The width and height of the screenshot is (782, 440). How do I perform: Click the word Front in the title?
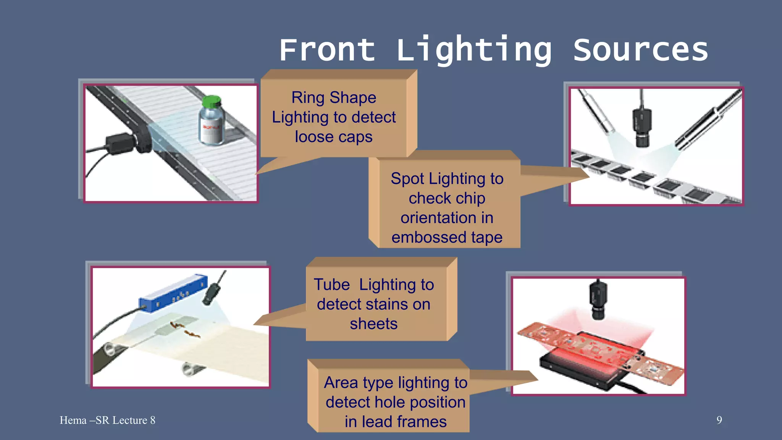pyautogui.click(x=327, y=50)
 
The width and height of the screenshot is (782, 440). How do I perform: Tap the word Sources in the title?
pyautogui.click(x=641, y=50)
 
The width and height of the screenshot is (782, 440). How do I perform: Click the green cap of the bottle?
pyautogui.click(x=211, y=102)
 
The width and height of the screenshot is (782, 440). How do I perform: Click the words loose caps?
pyautogui.click(x=333, y=137)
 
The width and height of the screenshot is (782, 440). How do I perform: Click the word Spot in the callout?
pyautogui.click(x=407, y=179)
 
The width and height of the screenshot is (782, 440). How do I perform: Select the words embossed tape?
pyautogui.click(x=447, y=237)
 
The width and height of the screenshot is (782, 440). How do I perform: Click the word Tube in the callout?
pyautogui.click(x=331, y=285)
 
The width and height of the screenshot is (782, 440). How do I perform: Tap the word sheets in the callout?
pyautogui.click(x=373, y=324)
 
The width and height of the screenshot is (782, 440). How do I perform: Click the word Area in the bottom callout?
pyautogui.click(x=341, y=383)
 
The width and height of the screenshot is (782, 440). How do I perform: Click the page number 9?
pyautogui.click(x=719, y=420)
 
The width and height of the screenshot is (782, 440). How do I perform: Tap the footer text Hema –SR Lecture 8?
pyautogui.click(x=107, y=420)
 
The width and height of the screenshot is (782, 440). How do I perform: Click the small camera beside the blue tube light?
pyautogui.click(x=212, y=292)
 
